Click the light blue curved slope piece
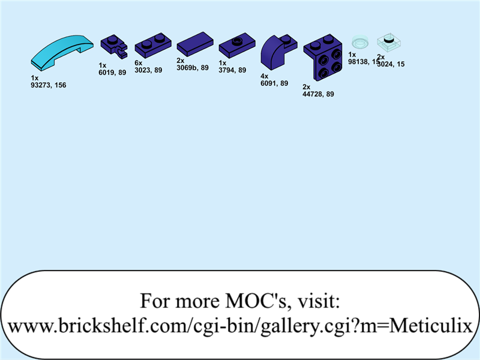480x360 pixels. [62, 53]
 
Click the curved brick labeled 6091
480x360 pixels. [277, 52]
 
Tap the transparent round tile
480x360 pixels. [360, 42]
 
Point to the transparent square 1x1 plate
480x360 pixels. [388, 42]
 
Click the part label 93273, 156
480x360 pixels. [48, 85]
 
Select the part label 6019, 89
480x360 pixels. [112, 72]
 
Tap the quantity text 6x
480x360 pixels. [138, 63]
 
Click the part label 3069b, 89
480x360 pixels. [193, 68]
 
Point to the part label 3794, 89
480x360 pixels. [232, 70]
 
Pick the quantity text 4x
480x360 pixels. [264, 76]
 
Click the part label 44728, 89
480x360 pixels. [318, 94]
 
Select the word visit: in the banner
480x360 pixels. [319, 300]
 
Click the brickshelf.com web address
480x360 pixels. [240, 326]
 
